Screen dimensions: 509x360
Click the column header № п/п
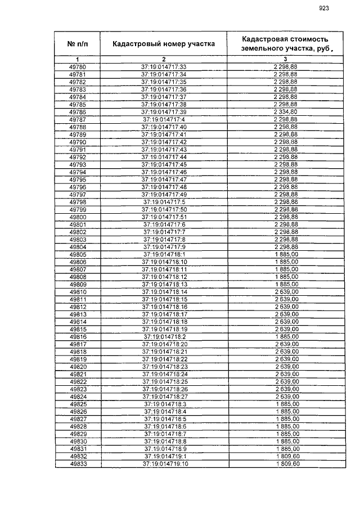click(x=78, y=43)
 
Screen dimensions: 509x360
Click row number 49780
click(x=78, y=67)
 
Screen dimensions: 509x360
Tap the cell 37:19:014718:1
click(x=164, y=254)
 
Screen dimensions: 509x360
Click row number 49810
click(x=78, y=292)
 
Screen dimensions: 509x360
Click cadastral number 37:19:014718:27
click(x=164, y=397)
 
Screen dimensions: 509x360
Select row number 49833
click(x=78, y=464)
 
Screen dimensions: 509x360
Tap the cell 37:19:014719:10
click(x=164, y=464)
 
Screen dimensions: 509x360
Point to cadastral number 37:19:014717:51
click(x=164, y=217)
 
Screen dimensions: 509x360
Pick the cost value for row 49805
click(x=285, y=254)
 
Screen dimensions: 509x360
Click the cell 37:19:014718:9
click(x=164, y=449)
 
